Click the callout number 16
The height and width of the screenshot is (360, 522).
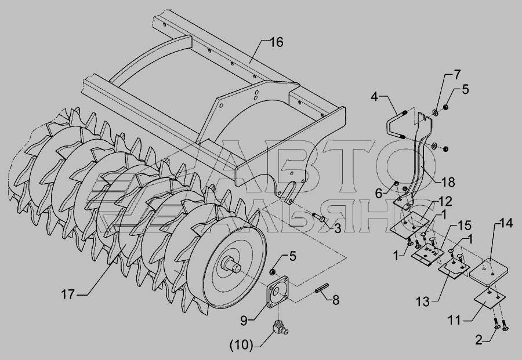pyautogui.click(x=276, y=42)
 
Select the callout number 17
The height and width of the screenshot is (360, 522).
pyautogui.click(x=68, y=294)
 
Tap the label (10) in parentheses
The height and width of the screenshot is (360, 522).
pyautogui.click(x=241, y=345)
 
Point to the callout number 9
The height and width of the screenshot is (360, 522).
pyautogui.click(x=244, y=321)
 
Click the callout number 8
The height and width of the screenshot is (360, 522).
pyautogui.click(x=336, y=300)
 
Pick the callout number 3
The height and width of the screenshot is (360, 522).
pyautogui.click(x=337, y=228)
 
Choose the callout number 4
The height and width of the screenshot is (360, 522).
pyautogui.click(x=375, y=97)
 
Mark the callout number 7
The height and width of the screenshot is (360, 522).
pyautogui.click(x=456, y=75)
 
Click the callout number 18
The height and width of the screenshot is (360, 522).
pyautogui.click(x=448, y=182)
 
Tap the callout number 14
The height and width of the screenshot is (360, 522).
pyautogui.click(x=506, y=223)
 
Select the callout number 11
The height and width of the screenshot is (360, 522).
pyautogui.click(x=454, y=321)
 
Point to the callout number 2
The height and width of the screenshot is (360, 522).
pyautogui.click(x=478, y=340)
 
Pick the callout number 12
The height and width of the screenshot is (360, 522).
pyautogui.click(x=445, y=201)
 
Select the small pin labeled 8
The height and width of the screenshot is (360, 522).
pyautogui.click(x=321, y=288)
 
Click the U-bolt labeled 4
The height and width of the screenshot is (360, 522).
pyautogui.click(x=396, y=124)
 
